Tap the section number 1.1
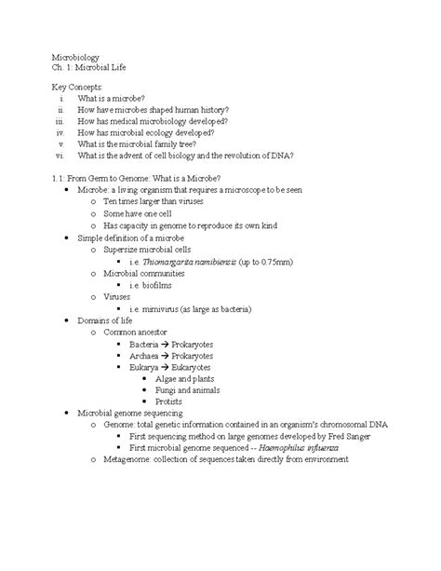57,177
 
